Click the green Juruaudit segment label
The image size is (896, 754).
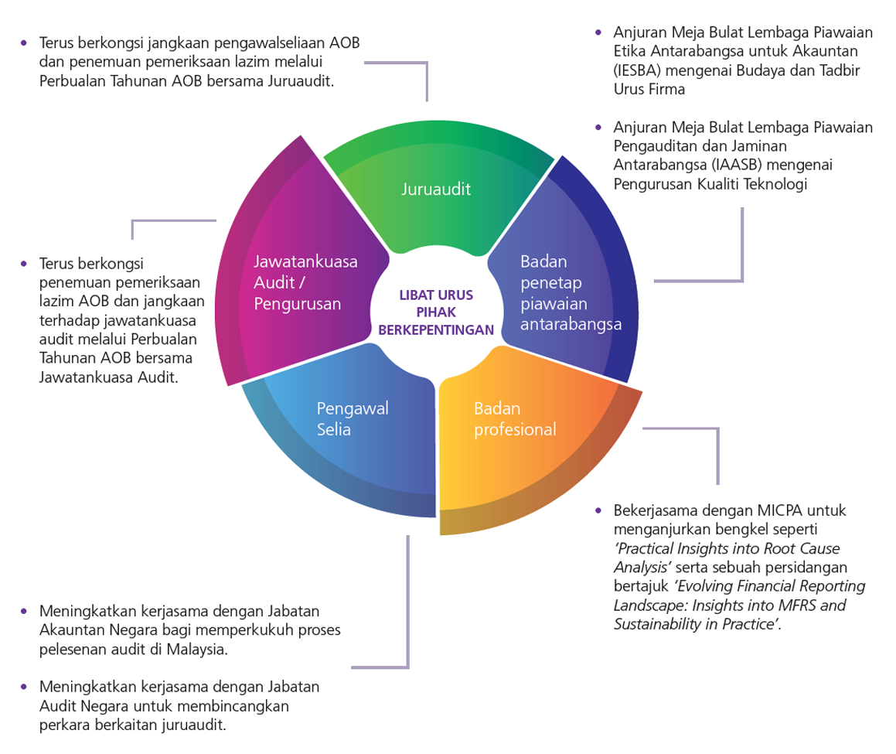click(436, 189)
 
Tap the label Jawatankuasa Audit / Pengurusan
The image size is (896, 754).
click(305, 282)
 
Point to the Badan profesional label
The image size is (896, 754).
click(515, 418)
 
